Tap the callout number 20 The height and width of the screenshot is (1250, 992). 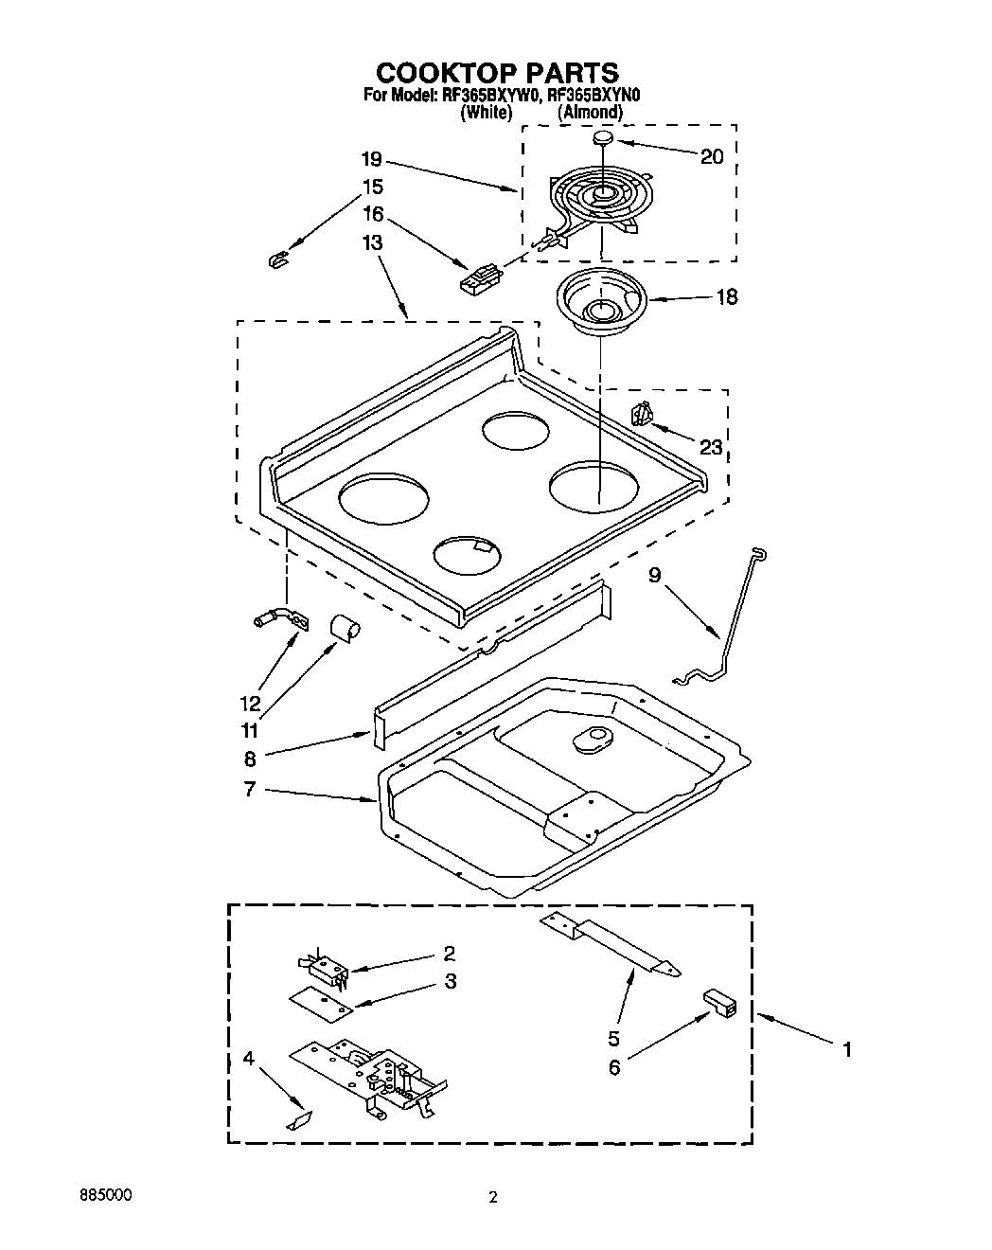[712, 157]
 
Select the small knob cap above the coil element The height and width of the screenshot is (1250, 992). [603, 139]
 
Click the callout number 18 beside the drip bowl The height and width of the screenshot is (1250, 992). [727, 297]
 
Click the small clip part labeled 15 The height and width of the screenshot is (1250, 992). [277, 258]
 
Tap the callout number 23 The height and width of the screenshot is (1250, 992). [711, 447]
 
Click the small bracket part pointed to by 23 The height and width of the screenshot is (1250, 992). [642, 414]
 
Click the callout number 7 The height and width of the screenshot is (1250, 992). [249, 789]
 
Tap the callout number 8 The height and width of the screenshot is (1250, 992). [249, 758]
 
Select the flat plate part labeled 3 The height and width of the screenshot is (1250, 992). [321, 1004]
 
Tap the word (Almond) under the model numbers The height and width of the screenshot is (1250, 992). [591, 112]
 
